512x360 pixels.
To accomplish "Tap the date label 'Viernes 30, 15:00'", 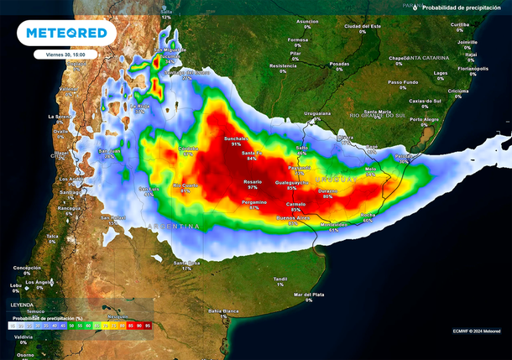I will (66, 54).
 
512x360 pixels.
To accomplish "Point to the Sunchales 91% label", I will (236, 140).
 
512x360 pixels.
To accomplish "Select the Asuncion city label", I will (307, 23).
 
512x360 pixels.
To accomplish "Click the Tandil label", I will (280, 280).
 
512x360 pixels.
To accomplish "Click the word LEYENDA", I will (23, 305).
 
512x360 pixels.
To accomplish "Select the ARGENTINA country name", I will (174, 227).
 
